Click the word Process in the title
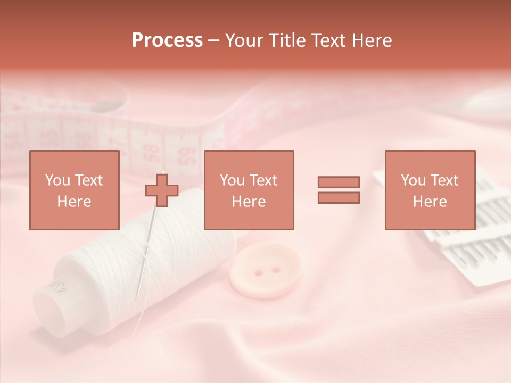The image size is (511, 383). (x=167, y=40)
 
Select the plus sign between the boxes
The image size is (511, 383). (x=162, y=190)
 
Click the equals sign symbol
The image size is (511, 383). (x=339, y=190)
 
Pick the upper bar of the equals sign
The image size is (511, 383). (x=339, y=182)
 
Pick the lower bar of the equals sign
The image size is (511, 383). (x=339, y=198)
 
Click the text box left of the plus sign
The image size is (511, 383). (x=74, y=190)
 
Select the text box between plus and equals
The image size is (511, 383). (x=249, y=190)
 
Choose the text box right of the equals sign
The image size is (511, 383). (x=430, y=190)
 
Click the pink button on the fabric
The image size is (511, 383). (x=265, y=269)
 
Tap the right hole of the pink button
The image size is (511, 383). (x=275, y=269)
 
